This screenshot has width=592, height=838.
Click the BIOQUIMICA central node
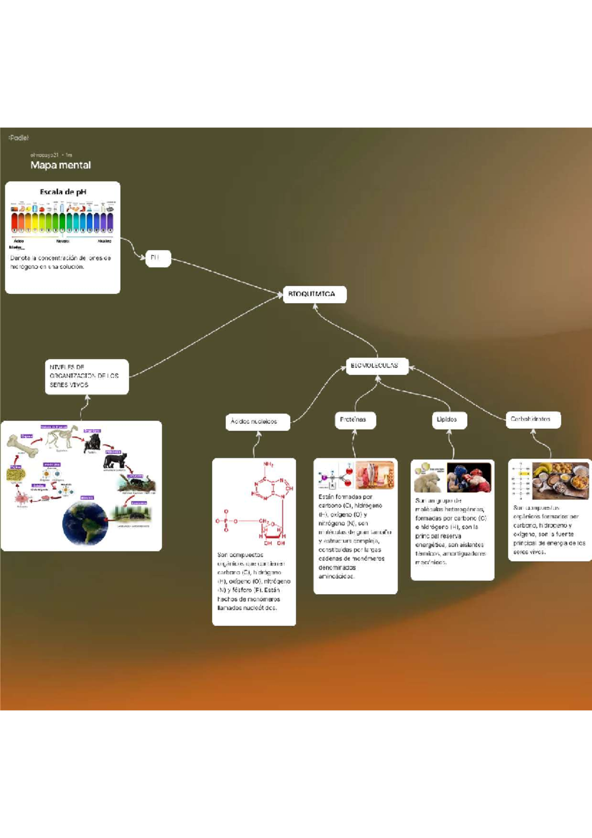(x=314, y=294)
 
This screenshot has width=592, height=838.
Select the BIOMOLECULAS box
(x=377, y=366)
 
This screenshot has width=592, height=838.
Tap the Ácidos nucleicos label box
(x=257, y=421)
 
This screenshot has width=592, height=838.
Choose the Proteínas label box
(x=355, y=419)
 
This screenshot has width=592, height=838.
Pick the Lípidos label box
(x=448, y=419)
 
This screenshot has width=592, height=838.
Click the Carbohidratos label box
(x=533, y=419)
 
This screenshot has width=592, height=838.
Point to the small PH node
(x=158, y=258)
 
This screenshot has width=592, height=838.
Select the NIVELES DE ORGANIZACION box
(x=86, y=376)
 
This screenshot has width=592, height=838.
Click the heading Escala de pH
(x=63, y=191)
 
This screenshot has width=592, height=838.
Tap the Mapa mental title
(x=60, y=165)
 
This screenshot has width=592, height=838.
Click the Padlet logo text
(x=19, y=138)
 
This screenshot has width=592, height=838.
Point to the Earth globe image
(x=85, y=523)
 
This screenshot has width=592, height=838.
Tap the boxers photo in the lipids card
(x=469, y=477)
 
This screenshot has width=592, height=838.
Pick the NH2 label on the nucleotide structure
(x=268, y=464)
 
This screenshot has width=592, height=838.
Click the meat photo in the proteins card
(x=375, y=474)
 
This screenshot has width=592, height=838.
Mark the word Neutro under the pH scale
(x=63, y=241)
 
